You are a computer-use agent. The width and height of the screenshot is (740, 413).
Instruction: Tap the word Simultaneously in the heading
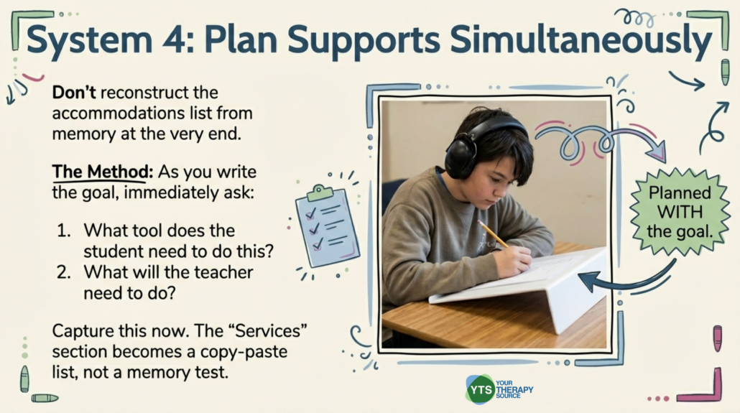click(x=581, y=42)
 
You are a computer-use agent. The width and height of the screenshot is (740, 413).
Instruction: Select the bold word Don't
click(x=74, y=92)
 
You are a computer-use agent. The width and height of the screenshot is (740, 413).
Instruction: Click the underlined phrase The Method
click(x=103, y=172)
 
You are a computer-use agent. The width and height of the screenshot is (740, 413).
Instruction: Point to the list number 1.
click(x=64, y=231)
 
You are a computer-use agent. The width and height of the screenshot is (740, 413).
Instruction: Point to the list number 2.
click(x=64, y=272)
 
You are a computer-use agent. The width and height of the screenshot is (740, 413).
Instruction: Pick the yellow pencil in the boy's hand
click(x=493, y=234)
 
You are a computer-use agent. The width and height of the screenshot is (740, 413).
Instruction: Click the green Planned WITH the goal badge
click(x=680, y=212)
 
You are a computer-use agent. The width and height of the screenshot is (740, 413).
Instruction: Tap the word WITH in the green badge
click(x=680, y=213)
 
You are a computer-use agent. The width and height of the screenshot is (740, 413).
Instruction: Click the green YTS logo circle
click(x=479, y=390)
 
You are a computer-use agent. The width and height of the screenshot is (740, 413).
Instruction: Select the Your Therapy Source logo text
click(x=514, y=389)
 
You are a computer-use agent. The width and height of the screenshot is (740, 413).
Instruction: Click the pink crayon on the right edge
click(x=718, y=338)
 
